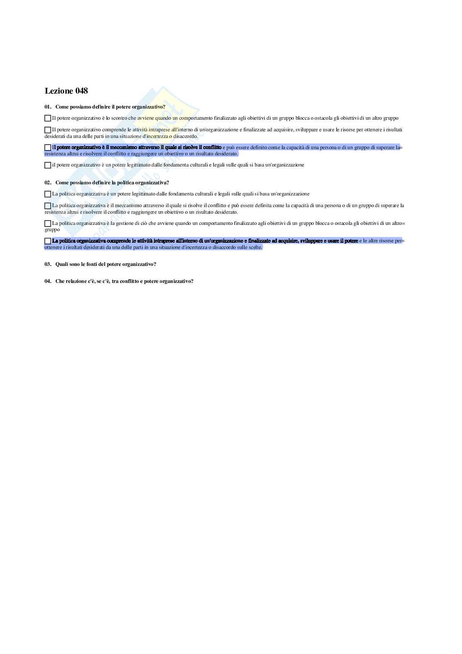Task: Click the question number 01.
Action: click(x=48, y=107)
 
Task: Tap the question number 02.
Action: click(x=48, y=183)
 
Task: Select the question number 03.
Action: click(x=48, y=264)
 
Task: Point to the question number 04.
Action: click(x=48, y=281)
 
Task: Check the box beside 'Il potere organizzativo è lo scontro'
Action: click(x=48, y=118)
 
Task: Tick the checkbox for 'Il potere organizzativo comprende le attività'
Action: click(x=48, y=130)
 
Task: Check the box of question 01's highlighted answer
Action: click(x=48, y=147)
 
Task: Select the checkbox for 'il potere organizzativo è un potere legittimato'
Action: click(x=48, y=165)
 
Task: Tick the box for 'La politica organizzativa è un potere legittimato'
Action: click(x=48, y=194)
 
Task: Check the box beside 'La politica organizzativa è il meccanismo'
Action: click(x=48, y=206)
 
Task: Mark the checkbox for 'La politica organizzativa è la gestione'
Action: click(x=48, y=224)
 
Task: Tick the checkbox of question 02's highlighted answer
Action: click(x=48, y=241)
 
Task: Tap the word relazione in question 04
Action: click(x=75, y=281)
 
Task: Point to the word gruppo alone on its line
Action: click(x=52, y=229)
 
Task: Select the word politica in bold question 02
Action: click(x=126, y=183)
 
